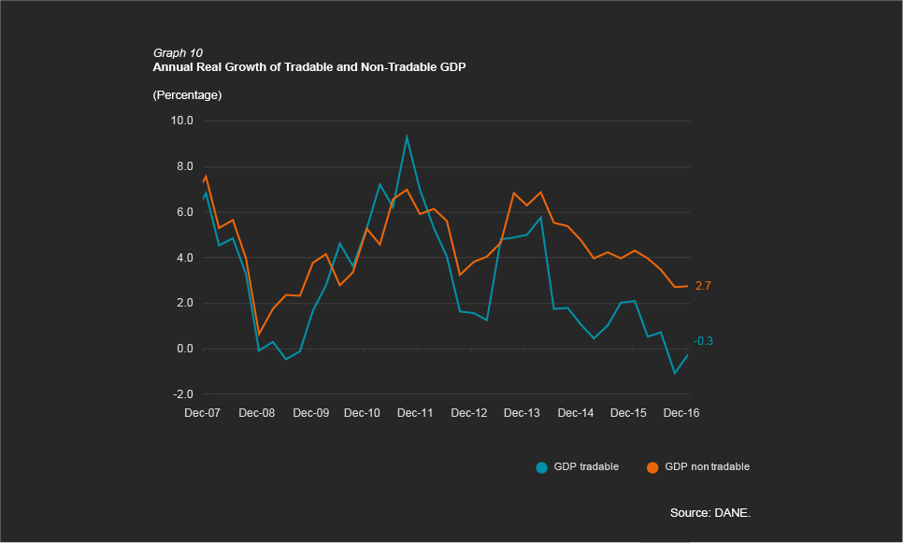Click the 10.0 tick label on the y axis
(x=181, y=121)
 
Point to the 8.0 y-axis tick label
(x=184, y=166)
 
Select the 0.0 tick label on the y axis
(x=184, y=350)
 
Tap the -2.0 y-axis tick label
(x=182, y=395)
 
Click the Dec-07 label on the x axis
(x=202, y=413)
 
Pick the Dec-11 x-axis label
(x=415, y=413)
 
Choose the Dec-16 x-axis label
(x=681, y=413)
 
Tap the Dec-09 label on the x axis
(x=308, y=413)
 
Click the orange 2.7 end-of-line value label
(x=703, y=286)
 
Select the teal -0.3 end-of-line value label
(x=703, y=342)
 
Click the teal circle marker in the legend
(x=541, y=466)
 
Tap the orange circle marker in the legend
(x=652, y=466)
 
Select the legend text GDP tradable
(x=586, y=466)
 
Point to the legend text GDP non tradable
(x=707, y=466)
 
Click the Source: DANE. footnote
(x=709, y=513)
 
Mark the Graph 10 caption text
(x=177, y=53)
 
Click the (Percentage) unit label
(x=186, y=95)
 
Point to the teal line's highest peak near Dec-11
(x=407, y=136)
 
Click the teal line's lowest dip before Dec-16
(x=675, y=374)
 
